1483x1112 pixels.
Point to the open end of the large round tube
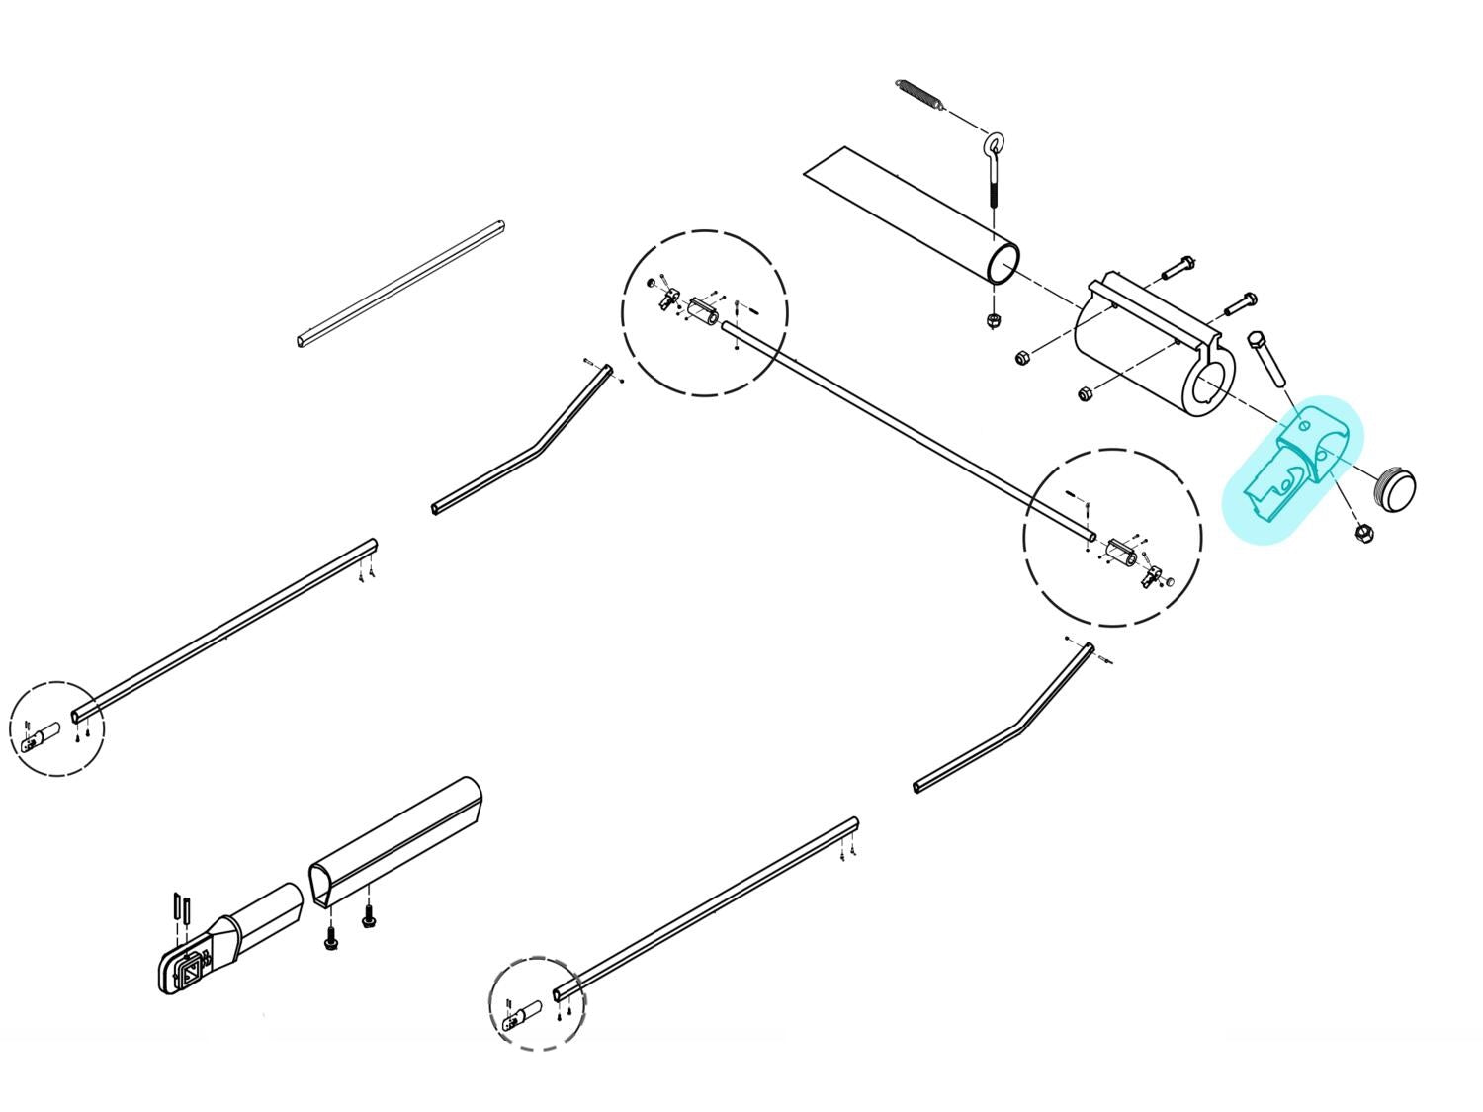click(x=1004, y=264)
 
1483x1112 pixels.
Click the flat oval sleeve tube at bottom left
click(x=395, y=840)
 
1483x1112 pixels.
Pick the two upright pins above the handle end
click(x=180, y=906)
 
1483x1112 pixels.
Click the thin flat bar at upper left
click(x=400, y=284)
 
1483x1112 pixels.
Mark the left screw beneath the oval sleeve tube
click(x=332, y=939)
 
